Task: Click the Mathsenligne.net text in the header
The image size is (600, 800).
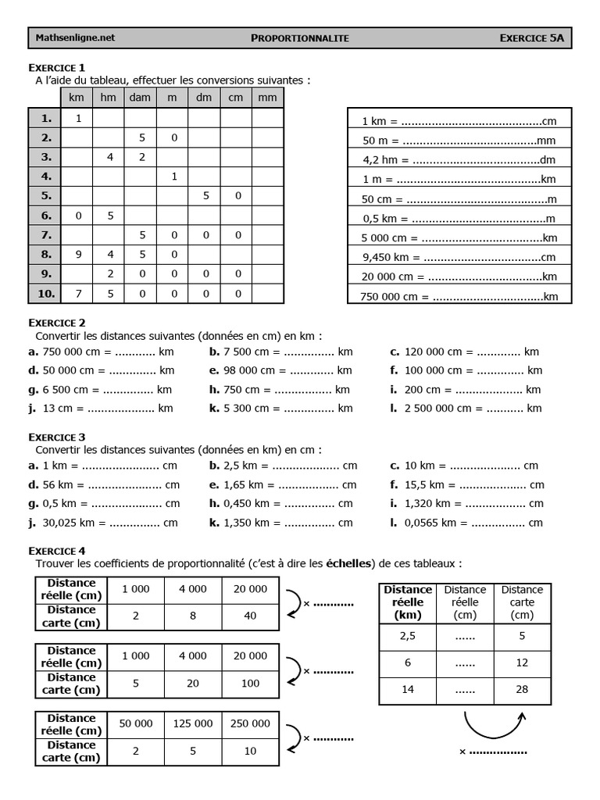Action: (75, 37)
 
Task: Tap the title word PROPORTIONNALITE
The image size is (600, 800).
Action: (300, 37)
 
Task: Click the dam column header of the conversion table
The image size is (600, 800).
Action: (140, 98)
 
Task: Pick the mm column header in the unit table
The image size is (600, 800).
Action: (267, 98)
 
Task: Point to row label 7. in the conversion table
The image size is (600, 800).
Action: (45, 234)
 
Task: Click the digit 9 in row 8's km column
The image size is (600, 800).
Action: (77, 254)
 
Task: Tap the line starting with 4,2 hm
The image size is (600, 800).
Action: (459, 160)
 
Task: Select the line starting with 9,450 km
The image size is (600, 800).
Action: (459, 257)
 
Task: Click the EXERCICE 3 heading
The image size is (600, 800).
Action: (57, 437)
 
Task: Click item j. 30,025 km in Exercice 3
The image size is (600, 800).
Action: (103, 523)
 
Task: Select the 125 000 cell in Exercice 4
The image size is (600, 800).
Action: (193, 723)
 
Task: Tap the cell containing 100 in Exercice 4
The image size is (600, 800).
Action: (250, 684)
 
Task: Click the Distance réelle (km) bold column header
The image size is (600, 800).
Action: (407, 602)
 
